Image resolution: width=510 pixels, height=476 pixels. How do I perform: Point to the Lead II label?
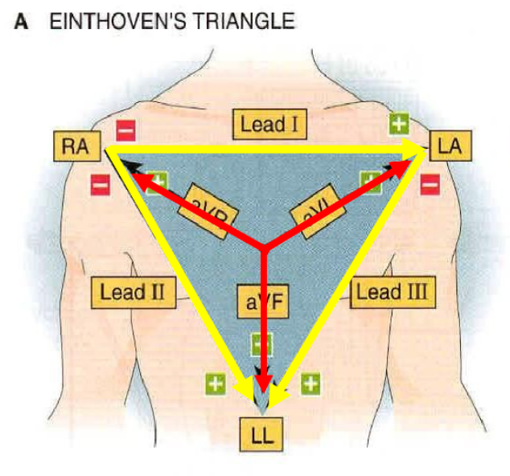(133, 290)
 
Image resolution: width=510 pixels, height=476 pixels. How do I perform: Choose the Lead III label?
(393, 290)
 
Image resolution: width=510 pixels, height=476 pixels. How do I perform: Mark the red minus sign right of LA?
(430, 184)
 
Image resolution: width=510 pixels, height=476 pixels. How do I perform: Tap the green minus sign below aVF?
(261, 345)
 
